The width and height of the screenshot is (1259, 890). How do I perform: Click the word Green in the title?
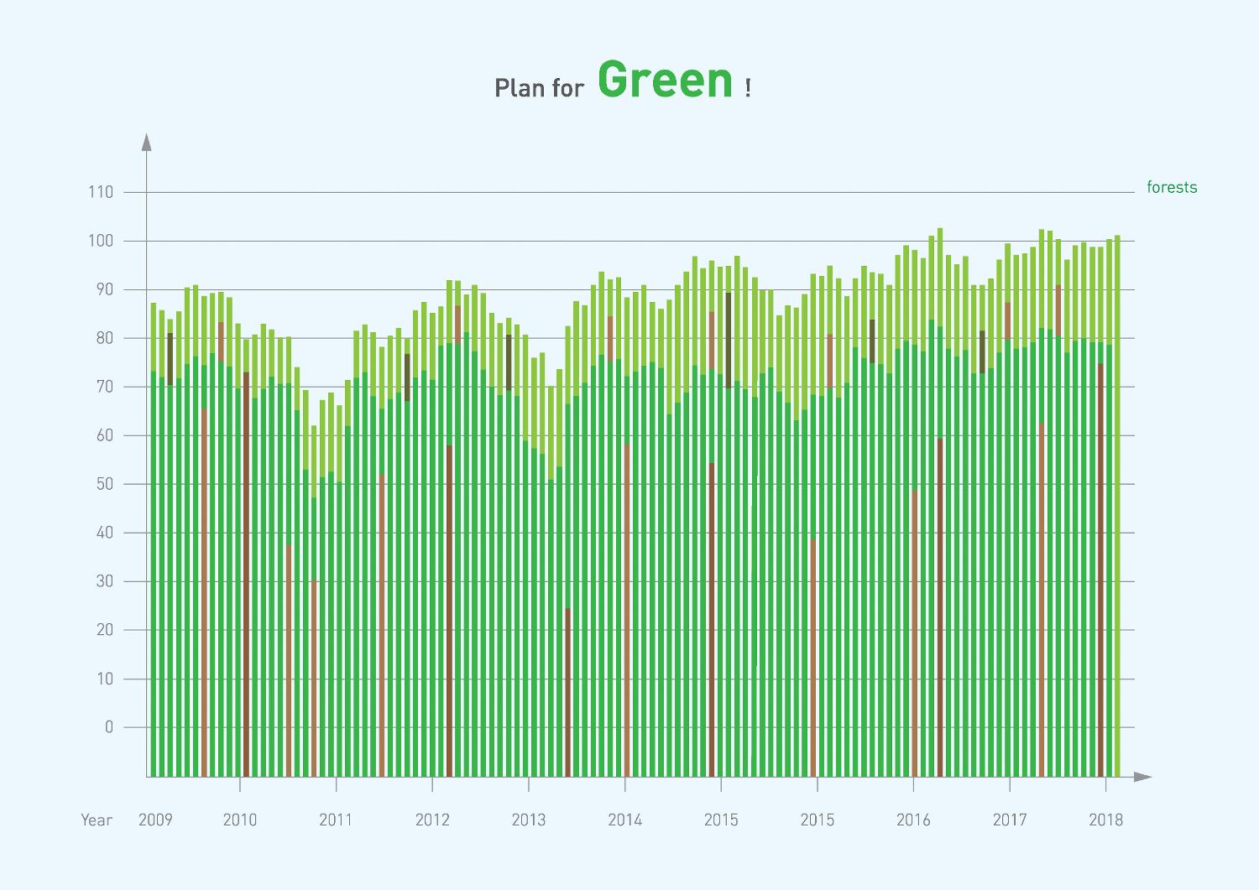[666, 81]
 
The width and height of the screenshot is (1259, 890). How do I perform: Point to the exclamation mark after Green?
[747, 87]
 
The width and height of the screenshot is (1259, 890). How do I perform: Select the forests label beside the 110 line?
[1172, 188]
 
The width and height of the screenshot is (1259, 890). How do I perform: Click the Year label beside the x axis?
[97, 820]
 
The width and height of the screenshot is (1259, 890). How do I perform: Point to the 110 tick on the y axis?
[100, 192]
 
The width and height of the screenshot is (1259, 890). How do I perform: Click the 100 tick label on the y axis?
[100, 241]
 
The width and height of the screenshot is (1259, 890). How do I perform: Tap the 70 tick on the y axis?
[103, 387]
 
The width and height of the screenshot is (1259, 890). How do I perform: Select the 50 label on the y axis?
[103, 484]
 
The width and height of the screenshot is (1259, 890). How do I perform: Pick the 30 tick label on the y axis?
[103, 581]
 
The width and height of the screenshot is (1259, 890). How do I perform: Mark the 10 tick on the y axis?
[103, 679]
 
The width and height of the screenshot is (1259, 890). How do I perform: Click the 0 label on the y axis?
[108, 727]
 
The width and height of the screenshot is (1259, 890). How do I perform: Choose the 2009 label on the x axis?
[155, 820]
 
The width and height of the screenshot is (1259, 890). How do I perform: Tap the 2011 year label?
[336, 820]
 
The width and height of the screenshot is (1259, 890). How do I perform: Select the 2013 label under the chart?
[528, 820]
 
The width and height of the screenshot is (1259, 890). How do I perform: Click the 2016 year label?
[913, 820]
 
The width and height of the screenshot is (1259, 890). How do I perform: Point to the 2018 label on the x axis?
[1105, 820]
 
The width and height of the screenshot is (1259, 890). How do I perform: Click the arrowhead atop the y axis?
[147, 142]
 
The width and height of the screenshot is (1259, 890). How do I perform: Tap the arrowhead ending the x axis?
[1142, 777]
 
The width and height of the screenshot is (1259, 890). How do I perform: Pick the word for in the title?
[567, 87]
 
